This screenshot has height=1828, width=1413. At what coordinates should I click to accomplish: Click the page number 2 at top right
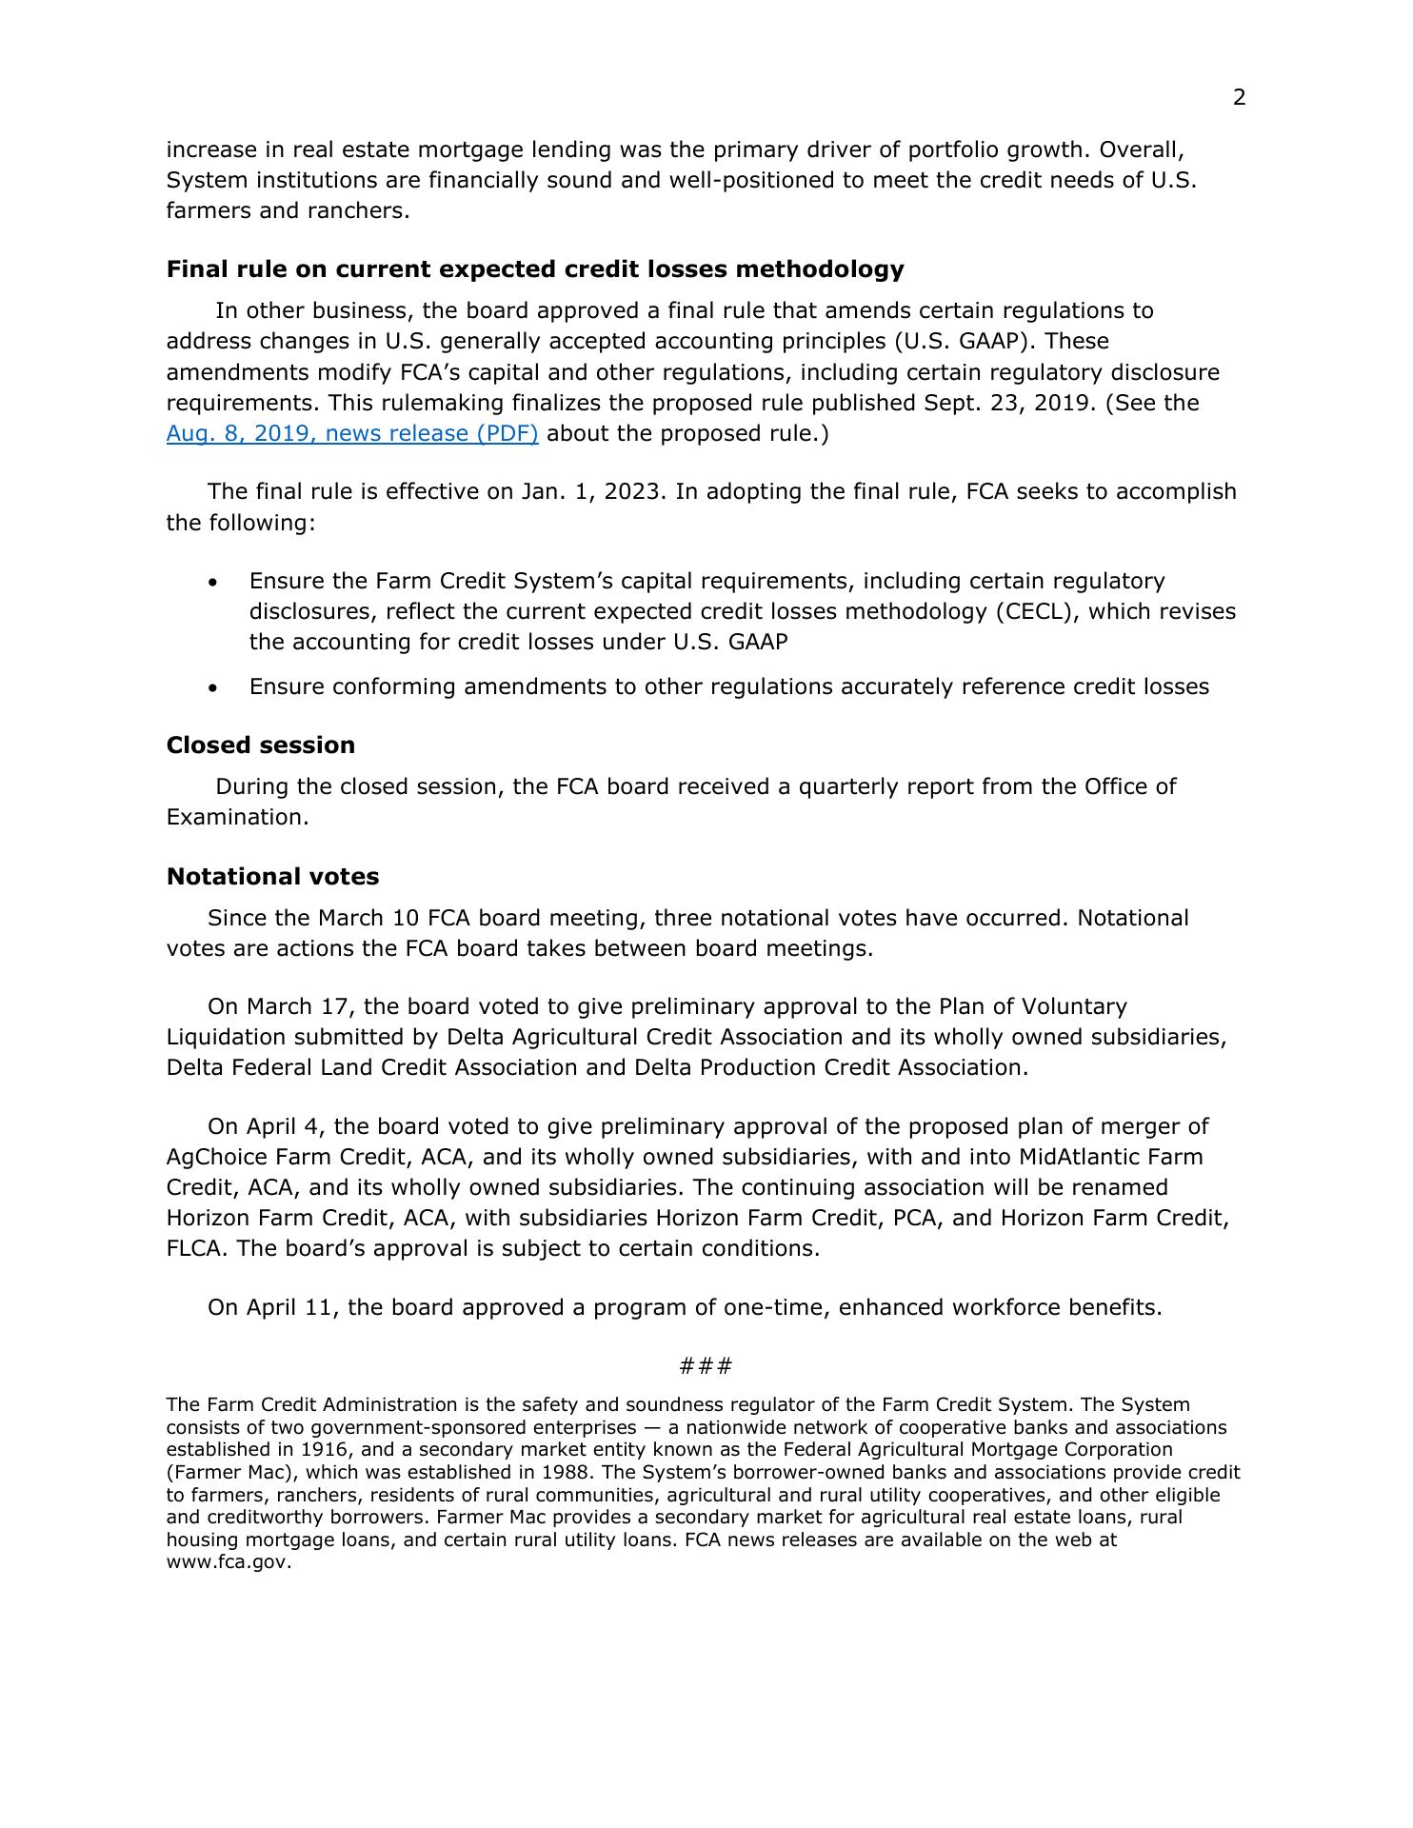1239,98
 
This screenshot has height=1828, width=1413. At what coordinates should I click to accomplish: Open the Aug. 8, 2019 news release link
352,434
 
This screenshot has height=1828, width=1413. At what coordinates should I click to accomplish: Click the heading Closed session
260,745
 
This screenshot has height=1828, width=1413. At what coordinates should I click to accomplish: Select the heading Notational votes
272,877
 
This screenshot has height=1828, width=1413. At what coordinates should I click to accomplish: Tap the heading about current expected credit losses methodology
534,269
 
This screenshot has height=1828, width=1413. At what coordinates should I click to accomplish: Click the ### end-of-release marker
706,1366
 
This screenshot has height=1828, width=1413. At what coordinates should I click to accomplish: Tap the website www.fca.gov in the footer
229,1562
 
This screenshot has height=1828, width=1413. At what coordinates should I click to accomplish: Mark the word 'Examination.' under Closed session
237,818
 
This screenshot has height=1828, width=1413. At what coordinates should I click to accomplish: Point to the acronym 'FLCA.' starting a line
197,1249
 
